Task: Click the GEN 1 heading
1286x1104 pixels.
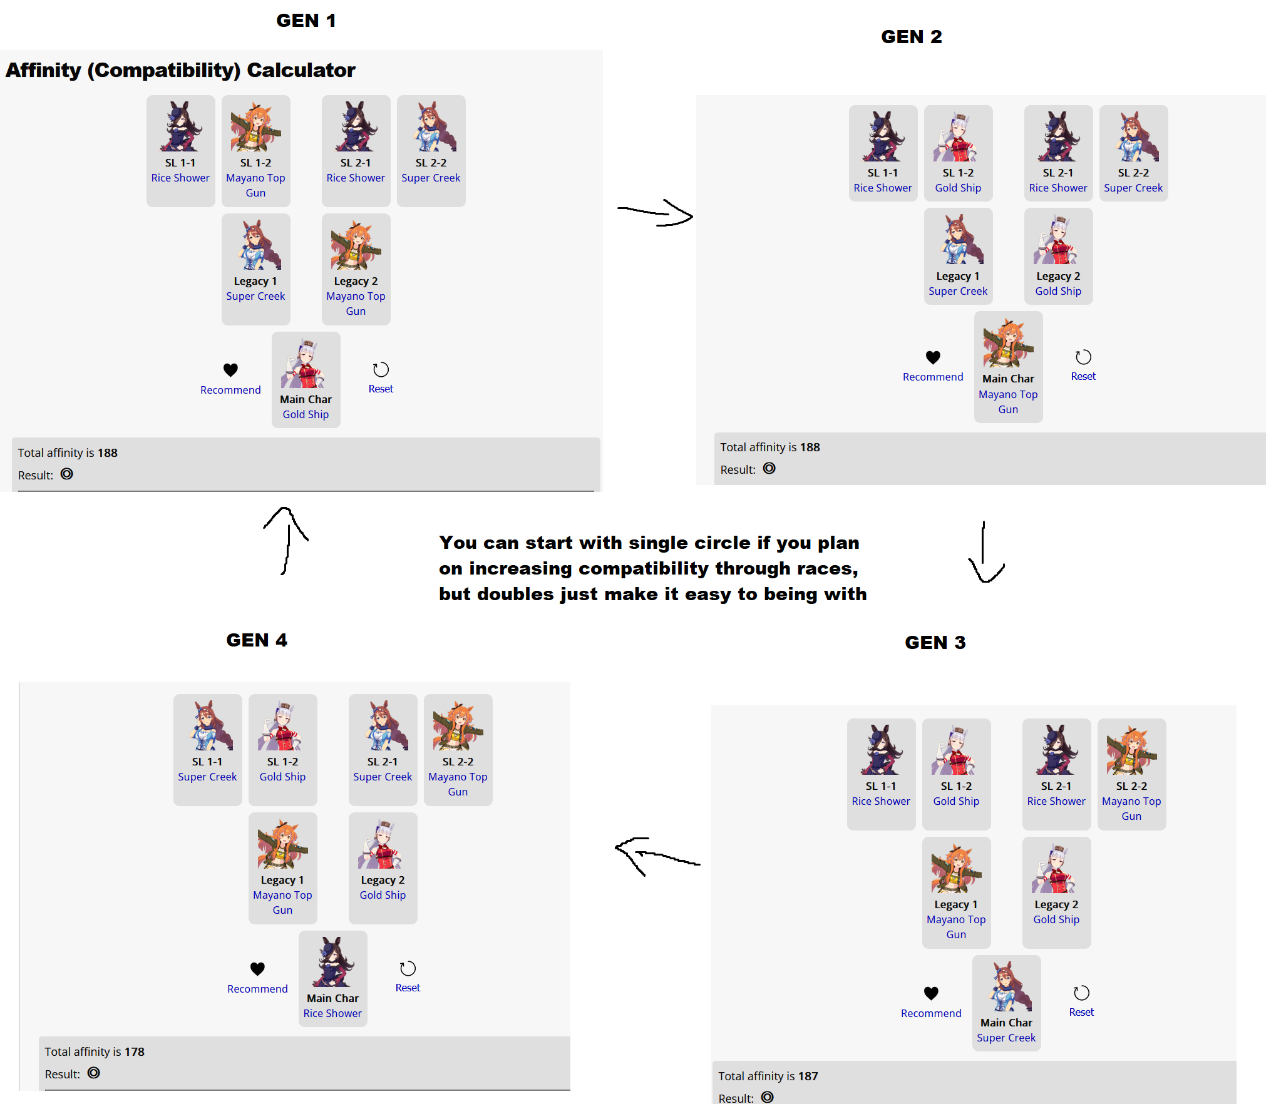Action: point(306,21)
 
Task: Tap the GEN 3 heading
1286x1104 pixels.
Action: point(935,642)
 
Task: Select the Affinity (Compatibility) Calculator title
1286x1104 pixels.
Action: point(180,70)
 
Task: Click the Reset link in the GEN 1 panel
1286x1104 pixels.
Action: point(381,389)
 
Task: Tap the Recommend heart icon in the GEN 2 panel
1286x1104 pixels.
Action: point(933,357)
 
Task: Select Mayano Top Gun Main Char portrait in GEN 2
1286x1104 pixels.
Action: point(1008,343)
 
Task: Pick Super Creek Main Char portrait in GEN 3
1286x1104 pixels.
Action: point(1006,987)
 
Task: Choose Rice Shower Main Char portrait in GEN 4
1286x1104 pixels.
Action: point(332,963)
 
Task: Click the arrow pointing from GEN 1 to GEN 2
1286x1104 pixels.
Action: point(655,213)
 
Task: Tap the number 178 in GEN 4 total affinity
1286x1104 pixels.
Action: point(134,1051)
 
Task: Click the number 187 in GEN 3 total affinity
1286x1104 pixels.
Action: point(808,1076)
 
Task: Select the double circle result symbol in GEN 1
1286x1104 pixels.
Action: point(67,474)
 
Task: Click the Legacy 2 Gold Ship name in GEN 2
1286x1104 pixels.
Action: point(1058,291)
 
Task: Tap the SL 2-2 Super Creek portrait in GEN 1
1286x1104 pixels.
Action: point(431,127)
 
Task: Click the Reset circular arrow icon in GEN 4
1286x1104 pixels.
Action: point(408,968)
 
